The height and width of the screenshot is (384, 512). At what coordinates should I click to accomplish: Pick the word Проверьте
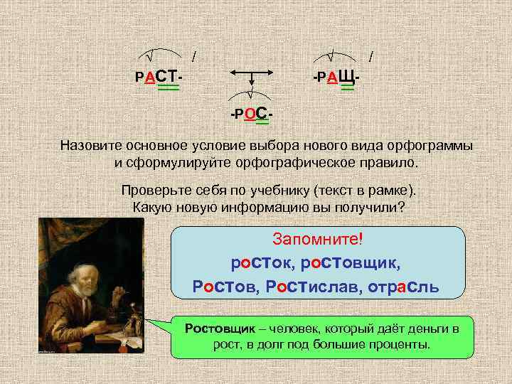point(154,191)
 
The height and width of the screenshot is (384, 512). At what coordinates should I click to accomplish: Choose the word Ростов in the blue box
point(225,286)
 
